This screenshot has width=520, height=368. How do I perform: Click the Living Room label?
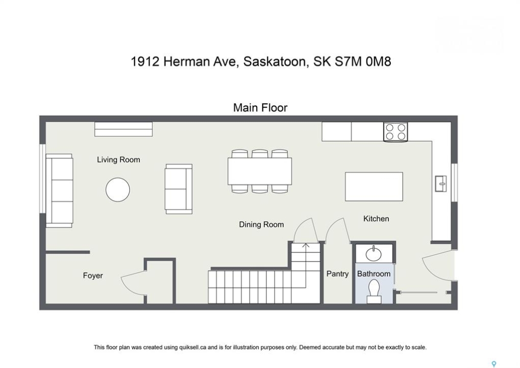118,160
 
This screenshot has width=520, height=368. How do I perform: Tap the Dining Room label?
261,224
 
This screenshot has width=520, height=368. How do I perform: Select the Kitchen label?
376,219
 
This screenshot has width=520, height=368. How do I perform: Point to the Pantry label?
337,274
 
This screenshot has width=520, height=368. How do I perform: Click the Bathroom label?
374,273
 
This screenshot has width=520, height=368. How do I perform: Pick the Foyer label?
93,275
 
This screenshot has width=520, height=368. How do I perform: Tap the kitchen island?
374,187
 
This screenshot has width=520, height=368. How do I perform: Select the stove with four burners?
395,132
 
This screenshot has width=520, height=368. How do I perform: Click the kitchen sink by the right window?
441,183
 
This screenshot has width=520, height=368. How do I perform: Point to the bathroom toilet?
374,291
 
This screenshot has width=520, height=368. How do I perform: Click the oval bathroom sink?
374,254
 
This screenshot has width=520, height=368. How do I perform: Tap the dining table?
260,171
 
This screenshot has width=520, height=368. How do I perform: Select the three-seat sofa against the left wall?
59,191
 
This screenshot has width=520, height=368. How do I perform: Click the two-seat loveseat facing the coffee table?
179,189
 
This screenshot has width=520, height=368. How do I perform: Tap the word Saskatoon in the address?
274,62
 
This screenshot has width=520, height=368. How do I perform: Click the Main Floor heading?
260,108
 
